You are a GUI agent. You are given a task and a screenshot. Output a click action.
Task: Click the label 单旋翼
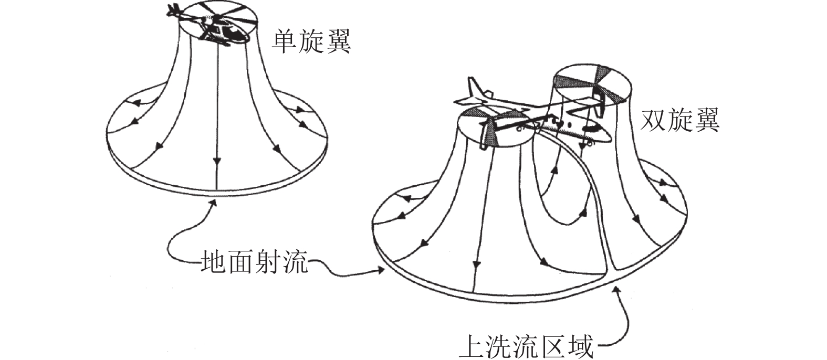point(310,41)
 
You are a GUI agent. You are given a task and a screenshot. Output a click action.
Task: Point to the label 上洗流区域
point(527,346)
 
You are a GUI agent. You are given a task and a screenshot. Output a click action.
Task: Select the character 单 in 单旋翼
point(285,41)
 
